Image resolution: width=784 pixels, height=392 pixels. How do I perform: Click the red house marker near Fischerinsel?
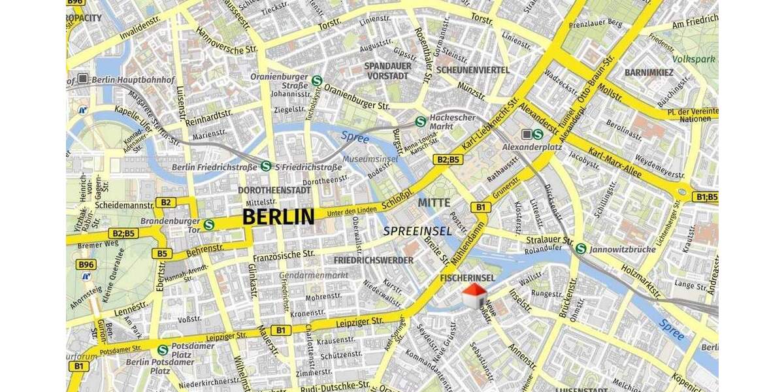474,295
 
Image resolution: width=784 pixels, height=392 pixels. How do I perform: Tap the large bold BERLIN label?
278,217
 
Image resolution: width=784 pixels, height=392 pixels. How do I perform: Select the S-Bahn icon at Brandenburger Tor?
209,225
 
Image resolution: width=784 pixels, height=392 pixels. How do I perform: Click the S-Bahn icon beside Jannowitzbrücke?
581,248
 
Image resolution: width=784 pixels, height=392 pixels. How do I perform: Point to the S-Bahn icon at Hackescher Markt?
421,121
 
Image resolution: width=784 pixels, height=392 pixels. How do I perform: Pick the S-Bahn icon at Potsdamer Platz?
162,350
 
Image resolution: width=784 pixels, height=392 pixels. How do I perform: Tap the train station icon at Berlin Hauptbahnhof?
83,79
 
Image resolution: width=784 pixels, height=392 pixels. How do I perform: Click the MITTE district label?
434,203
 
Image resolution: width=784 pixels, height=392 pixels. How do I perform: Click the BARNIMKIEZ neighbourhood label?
649,72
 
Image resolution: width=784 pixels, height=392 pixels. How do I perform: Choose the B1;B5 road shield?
706,196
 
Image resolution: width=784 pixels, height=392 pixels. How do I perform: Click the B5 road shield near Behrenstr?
161,253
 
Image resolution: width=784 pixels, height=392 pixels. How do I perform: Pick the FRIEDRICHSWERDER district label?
373,260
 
